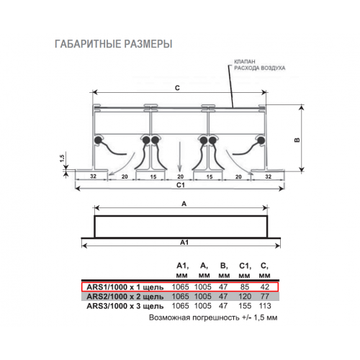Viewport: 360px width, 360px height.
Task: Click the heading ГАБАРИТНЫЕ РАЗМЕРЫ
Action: [x=114, y=44]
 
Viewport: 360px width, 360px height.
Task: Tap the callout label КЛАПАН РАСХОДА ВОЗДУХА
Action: [x=260, y=65]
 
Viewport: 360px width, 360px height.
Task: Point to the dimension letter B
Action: [x=297, y=140]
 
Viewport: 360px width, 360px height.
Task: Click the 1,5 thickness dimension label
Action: [x=62, y=158]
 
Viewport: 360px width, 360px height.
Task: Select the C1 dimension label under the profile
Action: [x=181, y=185]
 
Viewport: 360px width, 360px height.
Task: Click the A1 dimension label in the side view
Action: [x=184, y=243]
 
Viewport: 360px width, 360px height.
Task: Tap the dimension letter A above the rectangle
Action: [x=184, y=204]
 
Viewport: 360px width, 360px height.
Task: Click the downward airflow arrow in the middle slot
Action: [x=179, y=156]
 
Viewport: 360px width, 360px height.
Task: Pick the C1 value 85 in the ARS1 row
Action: [x=245, y=287]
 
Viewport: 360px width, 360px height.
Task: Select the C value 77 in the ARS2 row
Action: [x=264, y=297]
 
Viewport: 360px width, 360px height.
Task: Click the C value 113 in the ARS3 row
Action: [x=265, y=306]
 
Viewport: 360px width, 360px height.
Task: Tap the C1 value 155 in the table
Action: [x=245, y=306]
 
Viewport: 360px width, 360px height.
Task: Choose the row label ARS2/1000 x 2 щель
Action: [x=125, y=297]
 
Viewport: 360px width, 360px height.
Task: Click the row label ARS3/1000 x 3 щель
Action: [x=125, y=306]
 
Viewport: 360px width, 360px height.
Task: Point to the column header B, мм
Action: [x=224, y=271]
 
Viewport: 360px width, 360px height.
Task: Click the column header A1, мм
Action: [x=182, y=271]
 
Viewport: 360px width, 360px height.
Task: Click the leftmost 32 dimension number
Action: [x=93, y=176]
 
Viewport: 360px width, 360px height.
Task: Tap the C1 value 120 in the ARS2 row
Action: [x=245, y=297]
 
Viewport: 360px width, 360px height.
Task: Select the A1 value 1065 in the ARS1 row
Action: [x=180, y=287]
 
